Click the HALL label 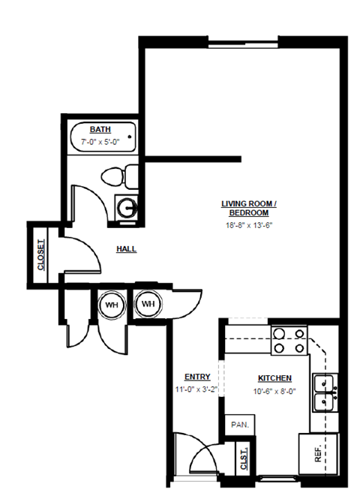point(126,248)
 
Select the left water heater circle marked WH point(111,304)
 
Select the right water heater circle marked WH point(148,304)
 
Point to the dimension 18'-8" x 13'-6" point(249,225)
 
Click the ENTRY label point(196,377)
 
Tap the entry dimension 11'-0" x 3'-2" point(196,389)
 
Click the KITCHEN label point(274,378)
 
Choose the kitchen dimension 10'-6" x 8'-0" point(274,390)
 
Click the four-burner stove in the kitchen point(289,340)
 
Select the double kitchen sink point(325,392)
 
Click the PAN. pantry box point(240,424)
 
